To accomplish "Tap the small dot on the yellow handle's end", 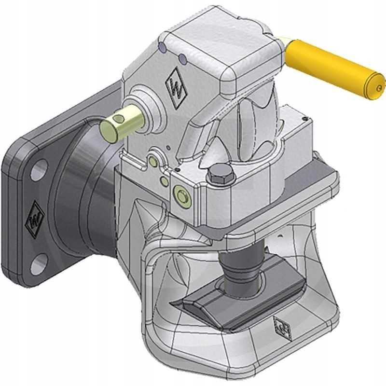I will click(380, 87).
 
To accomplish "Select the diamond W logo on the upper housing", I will click(176, 87).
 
